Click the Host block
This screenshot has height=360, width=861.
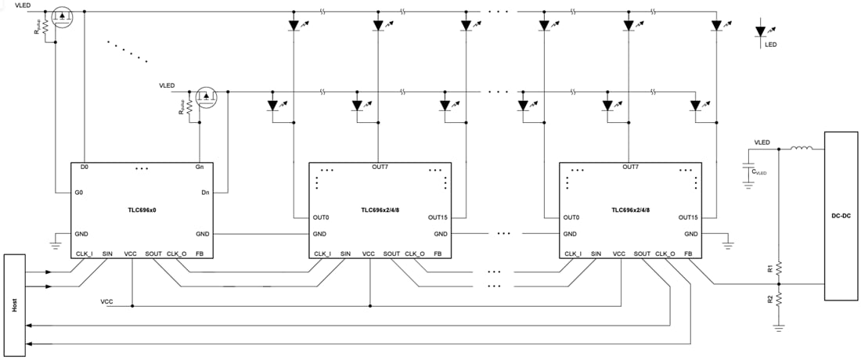[14, 304]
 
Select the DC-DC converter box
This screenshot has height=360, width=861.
[841, 216]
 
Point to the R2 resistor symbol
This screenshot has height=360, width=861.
[778, 299]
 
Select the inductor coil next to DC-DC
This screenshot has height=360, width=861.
[802, 147]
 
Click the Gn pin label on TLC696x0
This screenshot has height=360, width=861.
[200, 167]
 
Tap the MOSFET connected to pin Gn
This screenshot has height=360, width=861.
[206, 98]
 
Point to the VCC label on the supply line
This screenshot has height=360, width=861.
[106, 301]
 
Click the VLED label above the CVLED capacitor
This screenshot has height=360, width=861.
[761, 142]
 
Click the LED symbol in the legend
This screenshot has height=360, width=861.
[761, 33]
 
